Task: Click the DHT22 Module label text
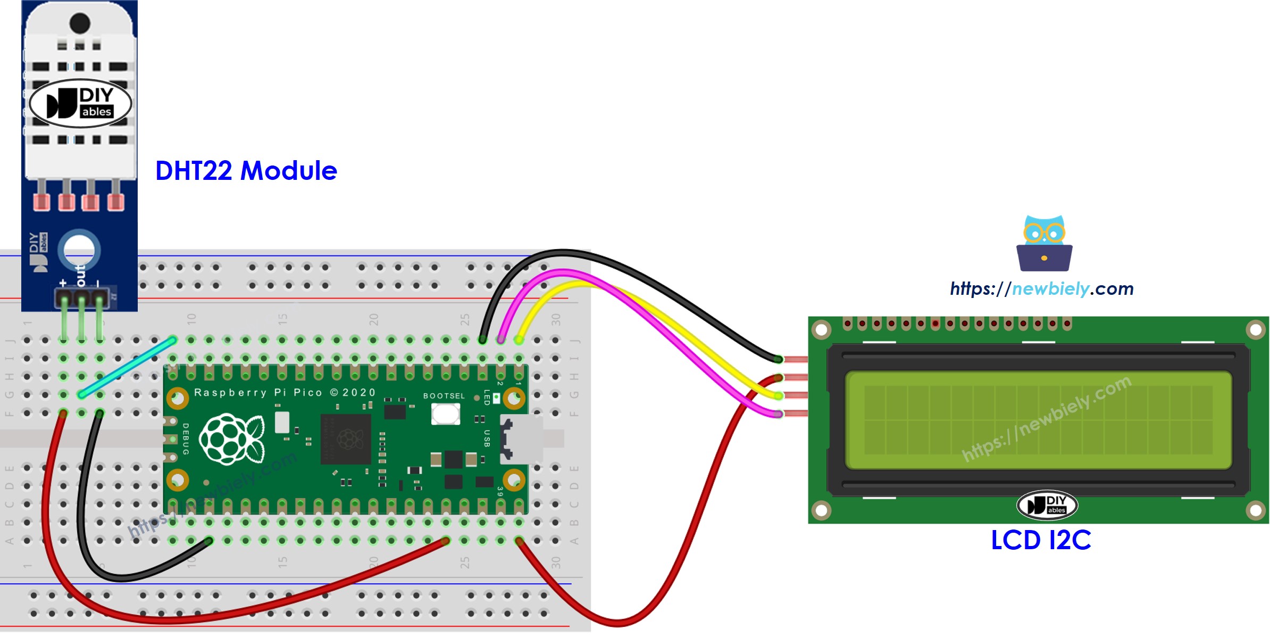pos(246,171)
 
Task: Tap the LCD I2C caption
pos(1041,540)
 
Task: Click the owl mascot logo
pos(1044,243)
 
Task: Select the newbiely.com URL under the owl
pos(1041,289)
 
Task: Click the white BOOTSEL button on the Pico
pos(445,413)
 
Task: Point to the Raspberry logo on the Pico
pos(232,439)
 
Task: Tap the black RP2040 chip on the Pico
pos(345,439)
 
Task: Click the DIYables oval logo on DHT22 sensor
pos(80,103)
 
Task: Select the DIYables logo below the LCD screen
pos(1047,504)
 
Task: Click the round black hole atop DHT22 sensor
pos(80,23)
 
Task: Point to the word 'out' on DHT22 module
pos(80,275)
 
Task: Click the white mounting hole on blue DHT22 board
pos(79,250)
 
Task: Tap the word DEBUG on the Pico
pos(186,439)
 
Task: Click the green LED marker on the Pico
pos(496,397)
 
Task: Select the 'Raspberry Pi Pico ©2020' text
pos(285,393)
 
